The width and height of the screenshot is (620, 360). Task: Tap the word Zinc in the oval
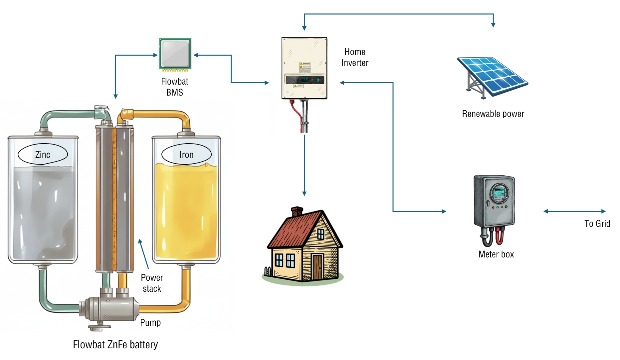click(x=43, y=155)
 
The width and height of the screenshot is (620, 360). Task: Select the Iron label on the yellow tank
click(x=186, y=155)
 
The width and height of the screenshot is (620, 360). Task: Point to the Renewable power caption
click(x=493, y=114)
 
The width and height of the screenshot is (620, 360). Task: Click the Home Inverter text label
click(x=355, y=57)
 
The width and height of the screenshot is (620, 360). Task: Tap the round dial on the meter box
click(x=499, y=193)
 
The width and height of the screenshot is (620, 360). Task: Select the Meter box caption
click(x=496, y=254)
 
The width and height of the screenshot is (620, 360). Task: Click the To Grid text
click(x=597, y=223)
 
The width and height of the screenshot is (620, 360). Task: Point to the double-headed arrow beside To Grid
click(x=574, y=211)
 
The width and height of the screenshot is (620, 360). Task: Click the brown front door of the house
click(x=317, y=267)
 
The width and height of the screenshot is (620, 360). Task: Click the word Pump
click(x=150, y=322)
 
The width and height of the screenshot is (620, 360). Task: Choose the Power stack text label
click(x=152, y=283)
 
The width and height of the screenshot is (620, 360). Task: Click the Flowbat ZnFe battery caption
click(x=115, y=344)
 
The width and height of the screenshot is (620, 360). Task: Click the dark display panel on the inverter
click(x=305, y=80)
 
